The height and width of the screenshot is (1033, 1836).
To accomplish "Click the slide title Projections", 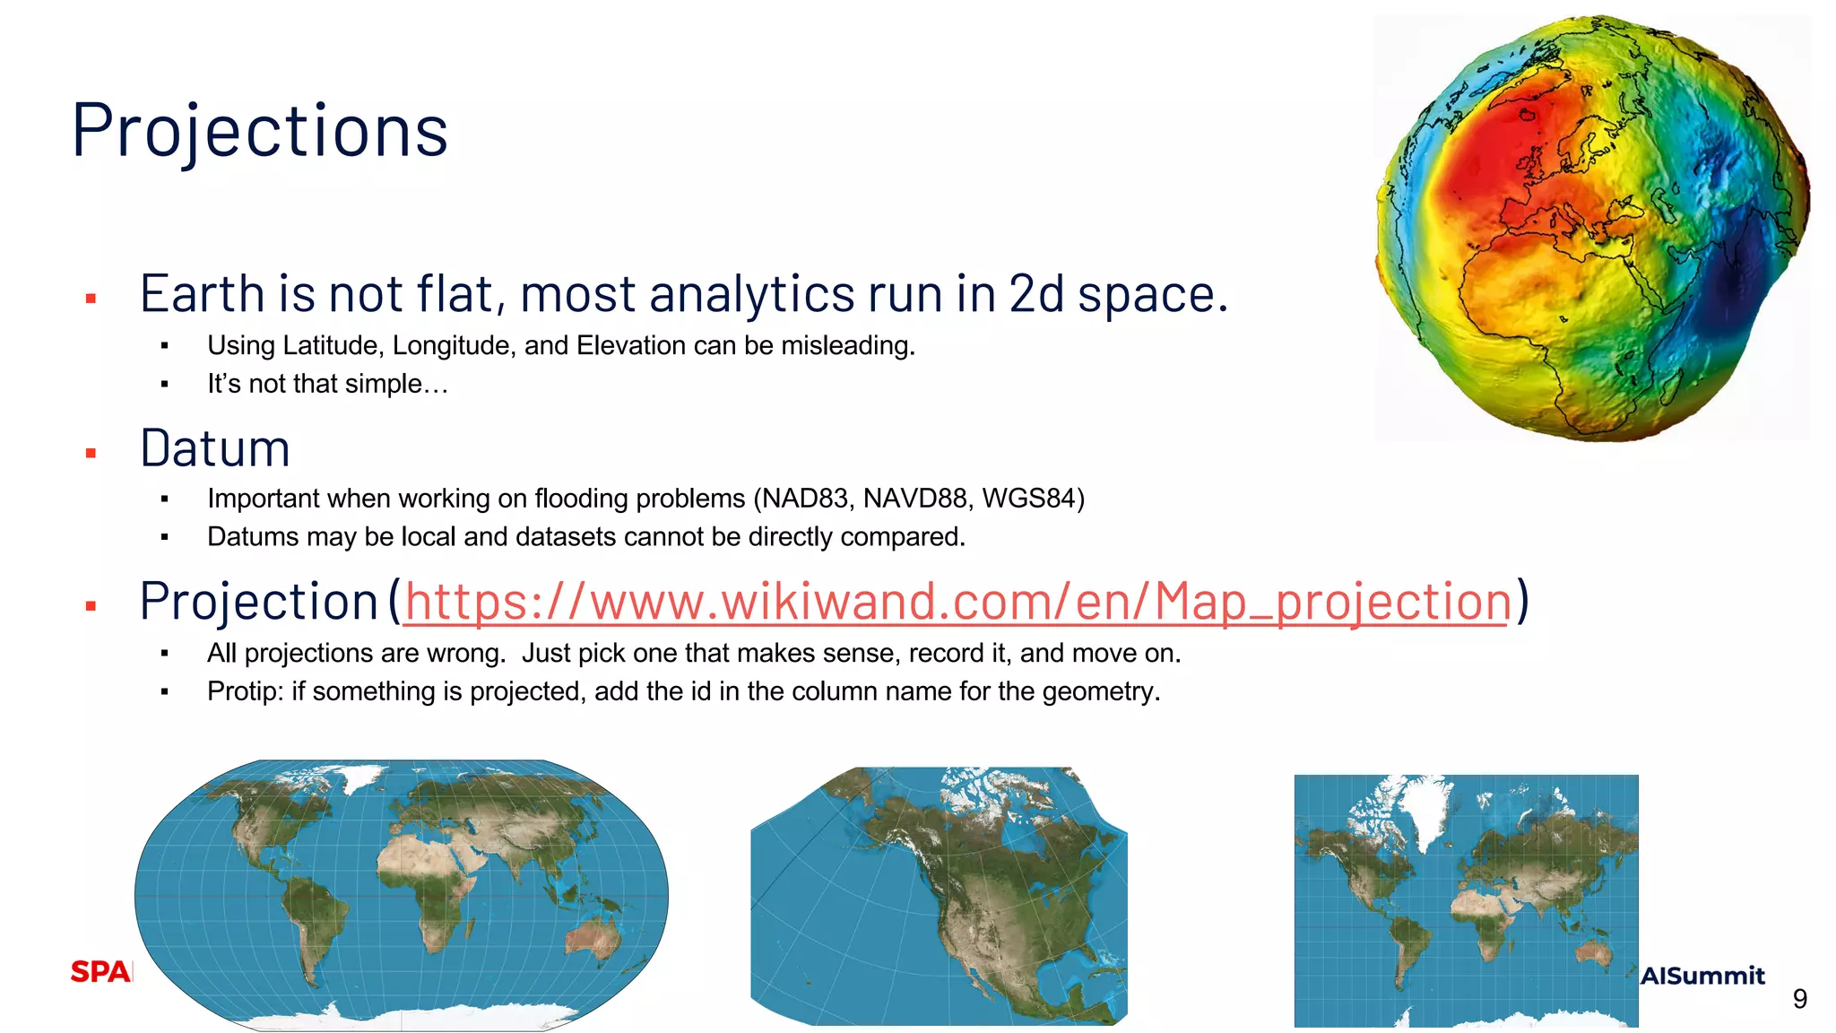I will pos(260,130).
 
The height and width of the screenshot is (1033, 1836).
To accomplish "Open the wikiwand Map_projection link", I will pos(957,601).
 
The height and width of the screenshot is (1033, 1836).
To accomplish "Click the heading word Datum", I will pos(215,448).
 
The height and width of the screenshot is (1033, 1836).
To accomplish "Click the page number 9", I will pos(1799,999).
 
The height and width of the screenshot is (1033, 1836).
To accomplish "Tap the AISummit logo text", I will pos(1702,976).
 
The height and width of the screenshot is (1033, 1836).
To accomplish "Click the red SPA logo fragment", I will pos(100,972).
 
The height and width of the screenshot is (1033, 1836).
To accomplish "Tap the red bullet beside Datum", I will pos(91,454).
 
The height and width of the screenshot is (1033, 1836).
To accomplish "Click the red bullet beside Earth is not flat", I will pos(91,299).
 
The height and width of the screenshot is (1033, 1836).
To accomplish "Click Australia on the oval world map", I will pos(592,937).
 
